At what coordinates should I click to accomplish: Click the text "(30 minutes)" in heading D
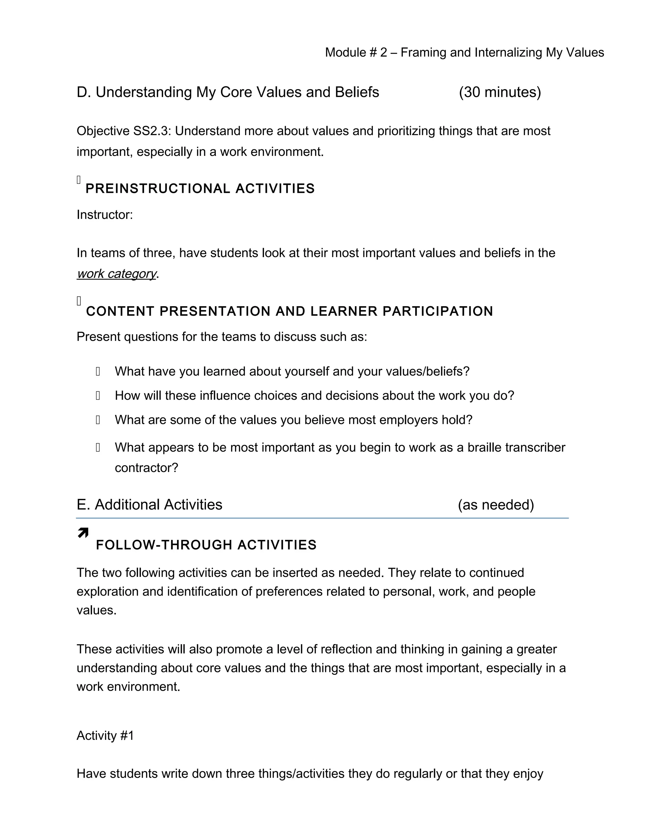point(500,92)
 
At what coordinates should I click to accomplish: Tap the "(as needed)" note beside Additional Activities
point(495,505)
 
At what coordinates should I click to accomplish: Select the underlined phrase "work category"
point(116,274)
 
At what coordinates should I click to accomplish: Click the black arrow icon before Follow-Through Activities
point(83,533)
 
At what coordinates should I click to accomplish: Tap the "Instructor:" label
point(105,215)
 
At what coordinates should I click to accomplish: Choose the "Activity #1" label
point(105,735)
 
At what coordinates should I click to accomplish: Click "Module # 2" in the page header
point(356,52)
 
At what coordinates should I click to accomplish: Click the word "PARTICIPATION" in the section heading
point(437,311)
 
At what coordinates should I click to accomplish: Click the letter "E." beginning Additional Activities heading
point(83,505)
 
